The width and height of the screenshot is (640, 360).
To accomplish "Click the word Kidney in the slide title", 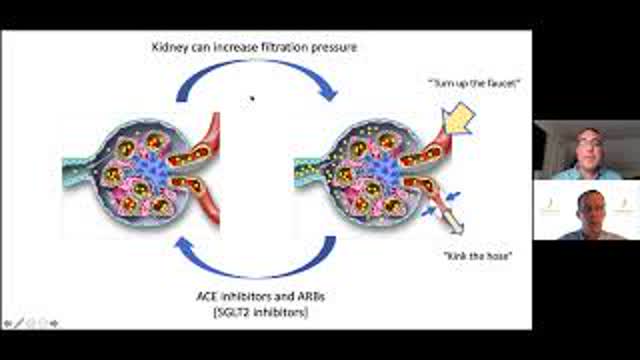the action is pyautogui.click(x=171, y=46).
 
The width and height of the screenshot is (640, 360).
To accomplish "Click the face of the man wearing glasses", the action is pyautogui.click(x=590, y=148).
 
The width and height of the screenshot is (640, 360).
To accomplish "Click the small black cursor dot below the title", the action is pyautogui.click(x=253, y=98).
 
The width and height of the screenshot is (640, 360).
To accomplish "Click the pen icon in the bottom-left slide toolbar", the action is pyautogui.click(x=20, y=323).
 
